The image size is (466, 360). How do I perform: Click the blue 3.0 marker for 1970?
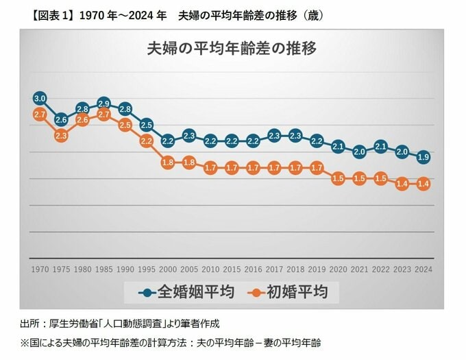pyautogui.click(x=39, y=98)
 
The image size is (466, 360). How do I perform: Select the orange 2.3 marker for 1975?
pyautogui.click(x=61, y=136)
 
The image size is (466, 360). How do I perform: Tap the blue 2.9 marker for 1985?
pyautogui.click(x=103, y=104)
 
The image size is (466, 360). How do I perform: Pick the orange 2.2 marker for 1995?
pyautogui.click(x=146, y=141)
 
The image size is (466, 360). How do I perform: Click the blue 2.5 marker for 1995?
pyautogui.click(x=146, y=125)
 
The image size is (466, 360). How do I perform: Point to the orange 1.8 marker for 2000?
pyautogui.click(x=168, y=163)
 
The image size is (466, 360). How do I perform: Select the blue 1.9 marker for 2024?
pyautogui.click(x=424, y=156)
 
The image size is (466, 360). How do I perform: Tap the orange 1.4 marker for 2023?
pyautogui.click(x=403, y=184)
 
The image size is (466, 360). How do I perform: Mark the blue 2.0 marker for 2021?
pyautogui.click(x=360, y=152)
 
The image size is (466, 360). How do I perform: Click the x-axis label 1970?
pyautogui.click(x=39, y=269)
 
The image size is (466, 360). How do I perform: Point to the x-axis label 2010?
pyautogui.click(x=210, y=269)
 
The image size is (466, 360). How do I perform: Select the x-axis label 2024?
pyautogui.click(x=424, y=269)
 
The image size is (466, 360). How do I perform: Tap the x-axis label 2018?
pyautogui.click(x=296, y=269)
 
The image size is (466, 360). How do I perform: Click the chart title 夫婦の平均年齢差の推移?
pyautogui.click(x=232, y=49)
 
